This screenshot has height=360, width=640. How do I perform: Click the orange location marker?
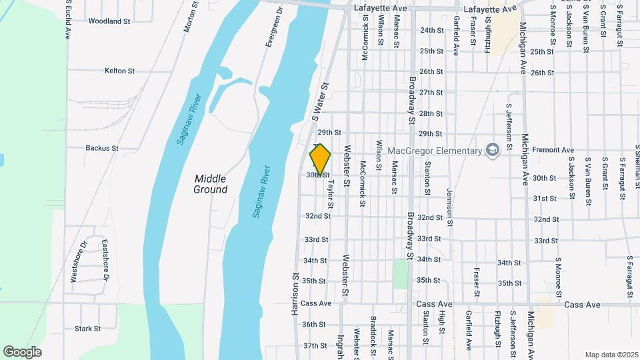click(321, 159)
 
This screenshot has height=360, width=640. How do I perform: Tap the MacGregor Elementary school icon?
click(492, 150)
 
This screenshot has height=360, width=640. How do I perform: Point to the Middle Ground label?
click(211, 184)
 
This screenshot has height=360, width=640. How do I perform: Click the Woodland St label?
click(109, 21)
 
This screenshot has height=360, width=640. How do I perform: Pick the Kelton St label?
click(119, 71)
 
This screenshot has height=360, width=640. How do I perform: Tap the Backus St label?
click(102, 148)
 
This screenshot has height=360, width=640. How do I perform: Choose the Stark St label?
click(87, 329)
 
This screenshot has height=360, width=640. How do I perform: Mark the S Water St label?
click(321, 102)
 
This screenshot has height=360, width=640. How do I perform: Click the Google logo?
click(23, 351)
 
